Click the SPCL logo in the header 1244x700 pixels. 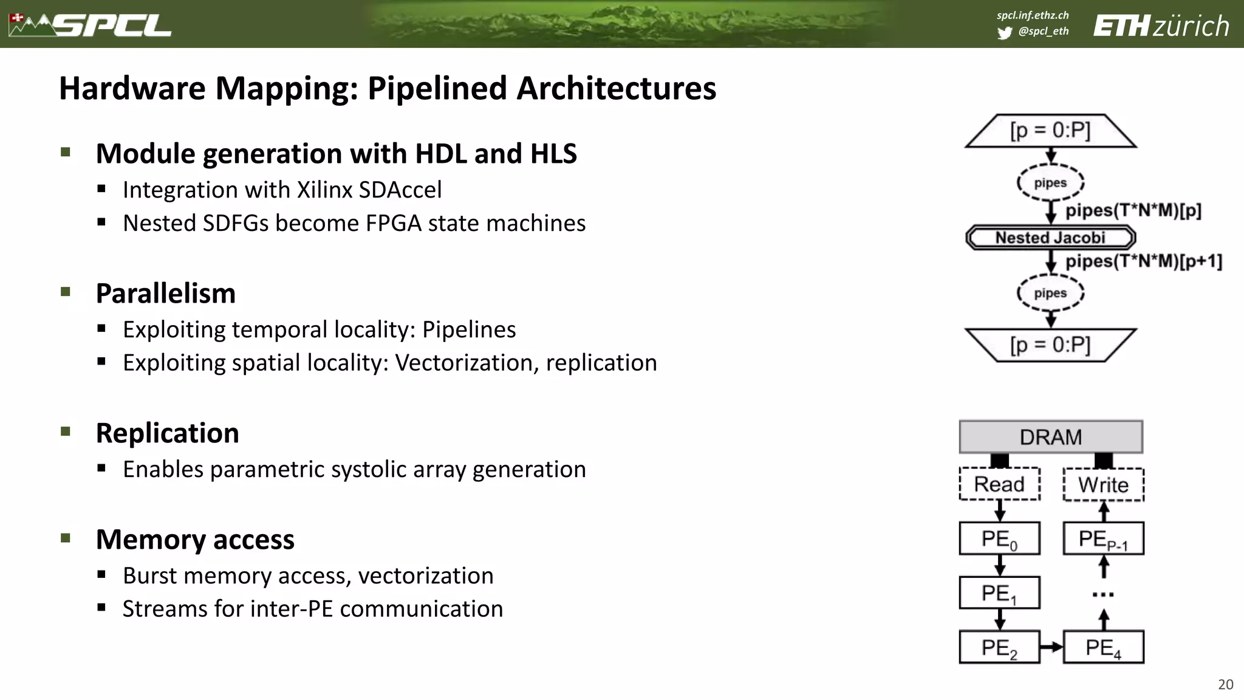click(x=91, y=25)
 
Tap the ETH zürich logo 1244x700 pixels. click(x=1161, y=26)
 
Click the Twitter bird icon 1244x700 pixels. click(x=1004, y=33)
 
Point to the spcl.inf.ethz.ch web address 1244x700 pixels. click(x=1033, y=15)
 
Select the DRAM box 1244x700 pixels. click(x=1051, y=437)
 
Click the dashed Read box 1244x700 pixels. click(x=999, y=484)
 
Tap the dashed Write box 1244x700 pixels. click(x=1103, y=485)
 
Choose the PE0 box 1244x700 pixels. click(x=999, y=538)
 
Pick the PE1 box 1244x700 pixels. click(x=999, y=593)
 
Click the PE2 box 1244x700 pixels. click(x=999, y=648)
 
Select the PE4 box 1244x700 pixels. click(x=1103, y=648)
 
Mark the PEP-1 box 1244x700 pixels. click(x=1103, y=538)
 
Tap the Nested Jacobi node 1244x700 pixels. click(x=1050, y=238)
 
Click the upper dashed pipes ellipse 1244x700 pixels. click(x=1050, y=182)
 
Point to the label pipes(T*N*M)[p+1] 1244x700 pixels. click(x=1144, y=261)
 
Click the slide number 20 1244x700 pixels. click(x=1225, y=685)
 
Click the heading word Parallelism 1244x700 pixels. click(x=165, y=293)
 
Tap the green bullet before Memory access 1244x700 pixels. click(x=66, y=538)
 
